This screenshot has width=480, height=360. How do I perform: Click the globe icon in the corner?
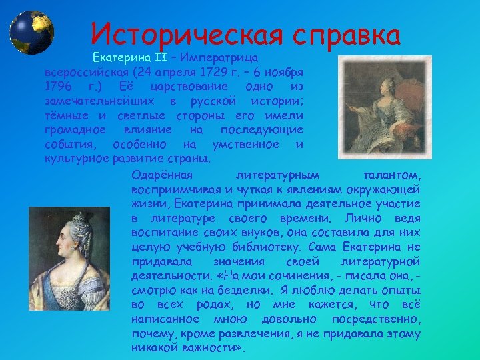[x=31, y=32]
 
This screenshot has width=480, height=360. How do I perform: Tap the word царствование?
[x=185, y=87]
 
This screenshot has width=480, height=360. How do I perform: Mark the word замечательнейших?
[x=93, y=101]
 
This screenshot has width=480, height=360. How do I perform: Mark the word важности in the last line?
[x=207, y=348]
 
